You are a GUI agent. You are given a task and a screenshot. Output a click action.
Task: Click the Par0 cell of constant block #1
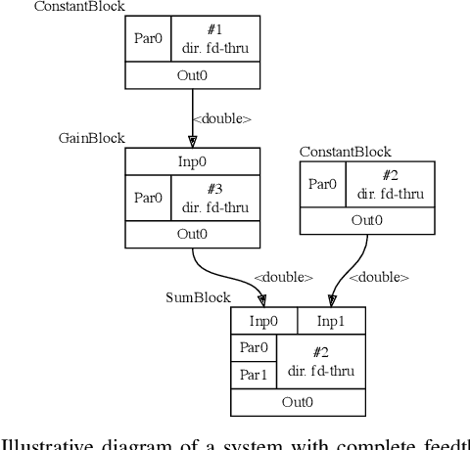click(x=149, y=39)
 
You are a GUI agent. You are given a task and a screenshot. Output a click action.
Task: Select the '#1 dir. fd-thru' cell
click(x=215, y=39)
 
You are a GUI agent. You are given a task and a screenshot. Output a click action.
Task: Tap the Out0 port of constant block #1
click(x=193, y=75)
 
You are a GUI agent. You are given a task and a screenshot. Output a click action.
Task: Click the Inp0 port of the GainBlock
click(x=193, y=160)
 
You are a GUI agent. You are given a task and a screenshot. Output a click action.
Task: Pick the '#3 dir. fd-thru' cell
click(x=215, y=199)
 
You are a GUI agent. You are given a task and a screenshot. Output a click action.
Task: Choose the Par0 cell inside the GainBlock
click(x=149, y=199)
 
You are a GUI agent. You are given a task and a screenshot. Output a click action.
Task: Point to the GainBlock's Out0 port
click(x=193, y=235)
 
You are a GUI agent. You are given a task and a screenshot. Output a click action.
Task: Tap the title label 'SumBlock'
click(x=197, y=297)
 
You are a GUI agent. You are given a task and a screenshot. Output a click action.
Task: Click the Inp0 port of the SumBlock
click(x=263, y=321)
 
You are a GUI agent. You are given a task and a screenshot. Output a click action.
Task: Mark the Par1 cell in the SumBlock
click(x=254, y=374)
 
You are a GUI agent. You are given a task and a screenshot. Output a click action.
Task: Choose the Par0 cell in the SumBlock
click(x=254, y=347)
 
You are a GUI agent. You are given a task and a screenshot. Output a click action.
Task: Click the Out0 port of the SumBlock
click(x=298, y=401)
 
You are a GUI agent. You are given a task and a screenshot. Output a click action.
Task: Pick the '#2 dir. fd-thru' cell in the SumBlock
click(x=319, y=360)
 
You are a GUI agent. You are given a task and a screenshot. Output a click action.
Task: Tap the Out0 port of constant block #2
click(x=366, y=221)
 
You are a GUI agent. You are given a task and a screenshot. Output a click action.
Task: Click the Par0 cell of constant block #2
click(x=323, y=185)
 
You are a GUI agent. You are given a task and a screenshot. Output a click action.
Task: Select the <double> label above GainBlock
click(x=222, y=119)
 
